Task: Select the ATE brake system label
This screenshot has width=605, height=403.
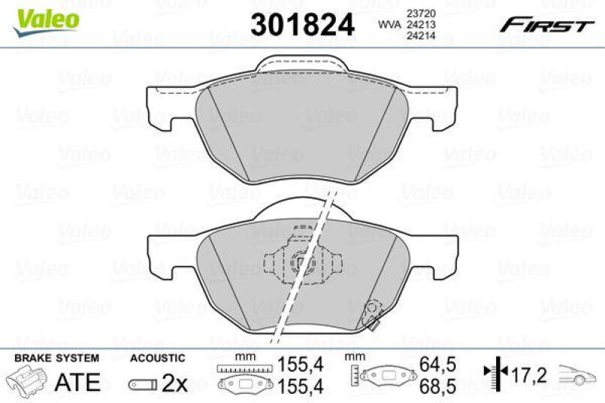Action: [79, 382]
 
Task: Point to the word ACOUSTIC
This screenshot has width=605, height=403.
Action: [157, 358]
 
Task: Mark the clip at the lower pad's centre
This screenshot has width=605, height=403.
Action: [301, 264]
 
